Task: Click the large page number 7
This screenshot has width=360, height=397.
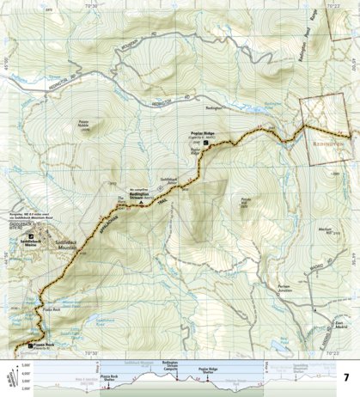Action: (345, 377)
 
